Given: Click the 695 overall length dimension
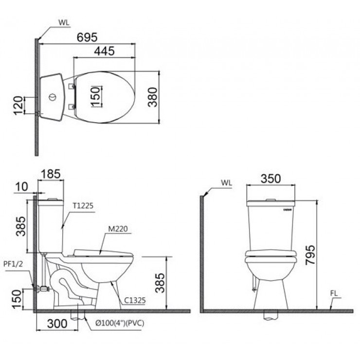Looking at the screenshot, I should pyautogui.click(x=88, y=37).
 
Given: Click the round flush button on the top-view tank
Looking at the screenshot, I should pyautogui.click(x=52, y=97).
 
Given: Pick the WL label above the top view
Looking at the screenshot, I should pyautogui.click(x=63, y=22).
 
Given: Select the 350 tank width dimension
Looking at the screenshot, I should pyautogui.click(x=271, y=179).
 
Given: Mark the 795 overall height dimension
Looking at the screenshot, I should pyautogui.click(x=312, y=254).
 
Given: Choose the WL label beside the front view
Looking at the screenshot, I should pyautogui.click(x=226, y=183).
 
